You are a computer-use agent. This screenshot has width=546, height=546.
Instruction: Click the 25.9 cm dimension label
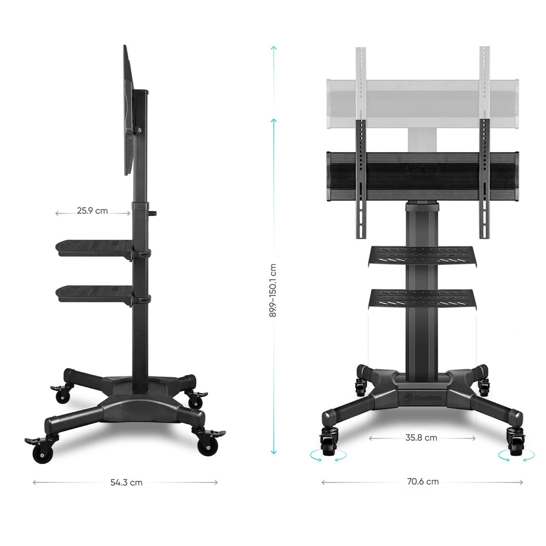[x=92, y=211]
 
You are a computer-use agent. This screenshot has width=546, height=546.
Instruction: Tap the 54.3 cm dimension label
[x=126, y=482]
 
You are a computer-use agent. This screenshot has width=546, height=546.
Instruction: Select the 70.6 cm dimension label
[x=423, y=482]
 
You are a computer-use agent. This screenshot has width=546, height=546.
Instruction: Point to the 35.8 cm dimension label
[x=421, y=438]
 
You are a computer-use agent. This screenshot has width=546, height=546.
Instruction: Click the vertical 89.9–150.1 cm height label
[x=273, y=290]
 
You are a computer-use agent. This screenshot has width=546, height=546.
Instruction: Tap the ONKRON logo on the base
[x=422, y=398]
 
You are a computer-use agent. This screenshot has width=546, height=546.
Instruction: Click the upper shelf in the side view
[x=94, y=249]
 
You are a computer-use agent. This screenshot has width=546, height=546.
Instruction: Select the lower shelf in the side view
[x=94, y=294]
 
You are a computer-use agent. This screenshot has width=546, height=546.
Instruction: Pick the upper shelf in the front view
[x=422, y=256]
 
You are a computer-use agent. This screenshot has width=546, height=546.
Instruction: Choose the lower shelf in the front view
[x=422, y=299]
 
